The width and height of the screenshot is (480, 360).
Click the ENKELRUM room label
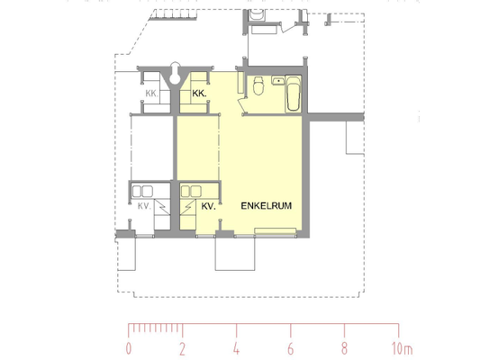pos(266,205)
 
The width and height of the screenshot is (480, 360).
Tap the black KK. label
pos(199,94)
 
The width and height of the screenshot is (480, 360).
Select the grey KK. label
pos(152,94)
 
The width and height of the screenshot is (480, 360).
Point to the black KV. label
pos(208,206)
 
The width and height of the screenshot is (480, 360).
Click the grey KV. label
pos(144,206)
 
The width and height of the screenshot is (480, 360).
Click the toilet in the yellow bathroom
pos(258,85)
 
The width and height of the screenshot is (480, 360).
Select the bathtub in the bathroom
pos(293,94)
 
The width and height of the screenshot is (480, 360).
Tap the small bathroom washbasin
pos(278,81)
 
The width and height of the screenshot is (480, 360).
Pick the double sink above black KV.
pos(191,191)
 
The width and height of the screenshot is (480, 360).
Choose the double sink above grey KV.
pos(142,191)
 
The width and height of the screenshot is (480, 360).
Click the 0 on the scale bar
pos(129,348)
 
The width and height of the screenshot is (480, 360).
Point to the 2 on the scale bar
pos(183,348)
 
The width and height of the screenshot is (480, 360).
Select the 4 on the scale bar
pos(236,348)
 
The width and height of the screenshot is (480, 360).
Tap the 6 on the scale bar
pos(291,348)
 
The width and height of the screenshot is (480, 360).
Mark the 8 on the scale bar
pos(344,348)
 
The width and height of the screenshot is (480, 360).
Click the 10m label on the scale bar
pos(403,348)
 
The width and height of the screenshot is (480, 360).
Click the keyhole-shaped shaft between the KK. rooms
pos(175,73)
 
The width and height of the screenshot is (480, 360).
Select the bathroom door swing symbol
pos(242,104)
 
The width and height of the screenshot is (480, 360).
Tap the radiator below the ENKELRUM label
pos(276,231)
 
